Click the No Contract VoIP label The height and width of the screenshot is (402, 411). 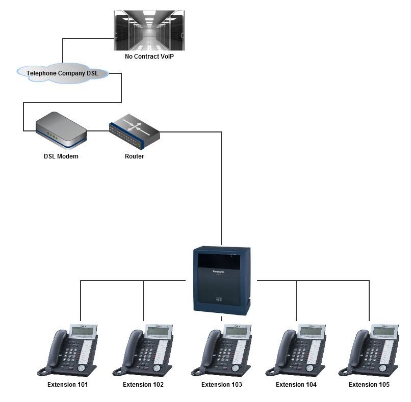[149, 56]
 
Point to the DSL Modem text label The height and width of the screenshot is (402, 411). [61, 156]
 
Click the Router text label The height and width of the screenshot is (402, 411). [135, 156]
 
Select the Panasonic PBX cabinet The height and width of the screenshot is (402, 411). [222, 280]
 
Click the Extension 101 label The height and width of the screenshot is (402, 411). [68, 385]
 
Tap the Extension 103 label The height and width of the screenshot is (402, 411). [222, 385]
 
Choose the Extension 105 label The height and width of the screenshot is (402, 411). [369, 385]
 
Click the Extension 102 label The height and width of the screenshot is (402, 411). [143, 385]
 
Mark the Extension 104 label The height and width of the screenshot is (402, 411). [296, 385]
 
